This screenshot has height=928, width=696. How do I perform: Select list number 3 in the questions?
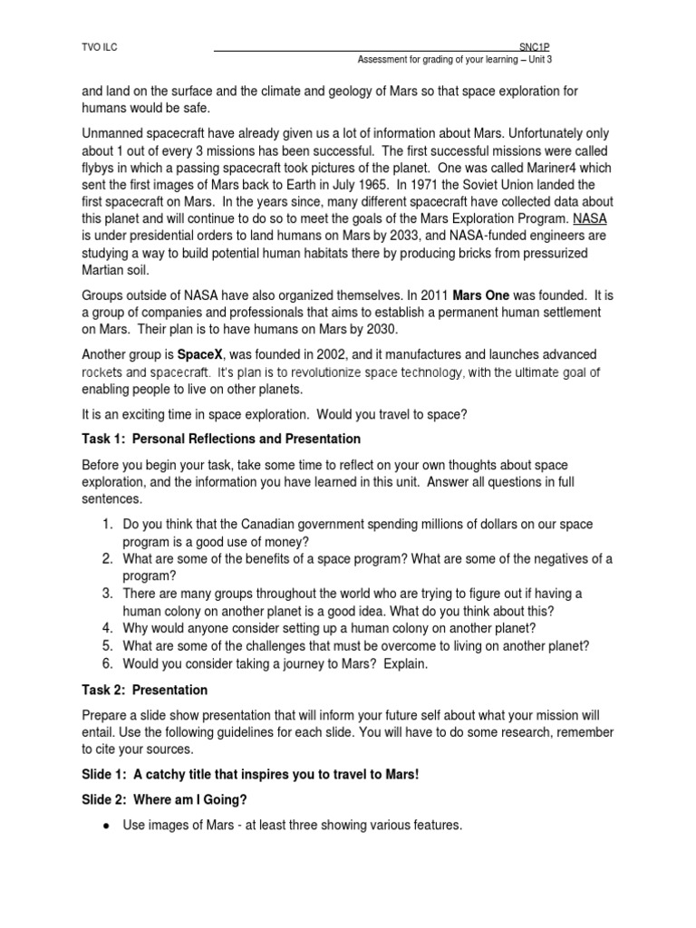point(106,593)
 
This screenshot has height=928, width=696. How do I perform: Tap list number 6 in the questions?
point(106,662)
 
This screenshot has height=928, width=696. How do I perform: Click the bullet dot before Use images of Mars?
point(106,826)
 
